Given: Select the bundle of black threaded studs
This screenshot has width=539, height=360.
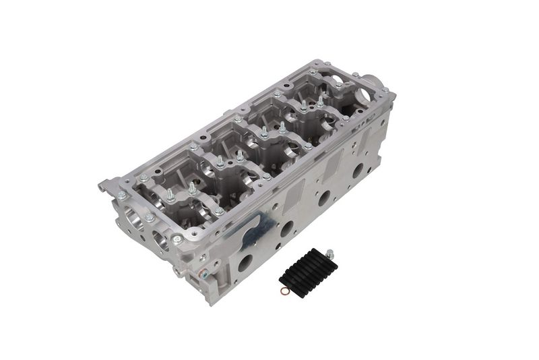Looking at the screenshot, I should click(x=308, y=267).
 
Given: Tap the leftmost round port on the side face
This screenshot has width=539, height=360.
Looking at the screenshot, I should click(x=245, y=262).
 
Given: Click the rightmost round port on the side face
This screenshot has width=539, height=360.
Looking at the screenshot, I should click(x=358, y=170).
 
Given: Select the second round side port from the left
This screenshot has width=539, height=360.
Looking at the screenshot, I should click(x=287, y=229).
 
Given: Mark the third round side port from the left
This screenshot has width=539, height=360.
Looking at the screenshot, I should click(x=324, y=198).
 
